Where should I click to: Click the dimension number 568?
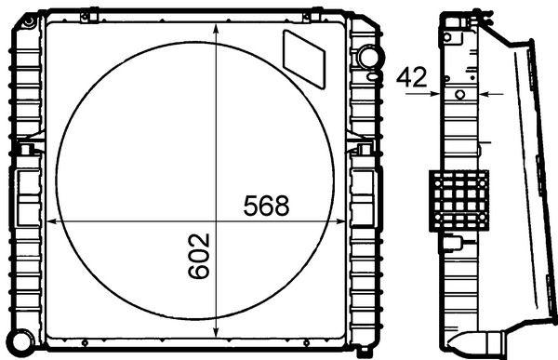[267, 206]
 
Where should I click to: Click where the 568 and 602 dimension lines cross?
[217, 221]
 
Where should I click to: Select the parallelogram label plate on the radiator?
[304, 56]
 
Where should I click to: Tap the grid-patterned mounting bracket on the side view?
[458, 202]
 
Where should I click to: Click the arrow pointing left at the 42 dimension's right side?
[491, 93]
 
